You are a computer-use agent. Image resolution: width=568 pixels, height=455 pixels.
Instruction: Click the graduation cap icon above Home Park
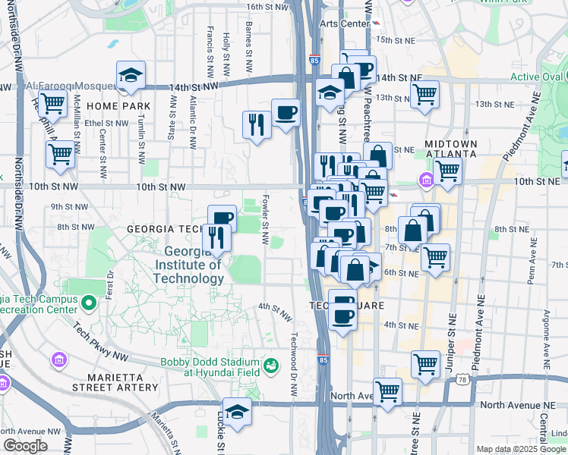click(x=131, y=75)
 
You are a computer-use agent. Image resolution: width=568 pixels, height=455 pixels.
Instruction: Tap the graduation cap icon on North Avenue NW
click(x=237, y=412)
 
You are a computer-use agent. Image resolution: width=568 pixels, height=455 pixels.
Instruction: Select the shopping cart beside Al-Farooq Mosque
click(x=52, y=102)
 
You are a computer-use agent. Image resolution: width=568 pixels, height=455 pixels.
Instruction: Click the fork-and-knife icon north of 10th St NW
click(x=257, y=124)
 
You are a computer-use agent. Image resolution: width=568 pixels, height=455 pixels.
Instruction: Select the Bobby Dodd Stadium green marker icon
click(x=270, y=368)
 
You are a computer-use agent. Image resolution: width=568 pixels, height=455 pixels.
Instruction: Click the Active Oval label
click(x=536, y=77)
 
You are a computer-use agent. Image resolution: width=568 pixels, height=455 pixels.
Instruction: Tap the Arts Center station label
click(x=344, y=24)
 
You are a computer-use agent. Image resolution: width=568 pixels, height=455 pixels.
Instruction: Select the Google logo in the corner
click(x=25, y=446)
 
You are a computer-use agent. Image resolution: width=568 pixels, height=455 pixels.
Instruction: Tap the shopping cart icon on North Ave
click(x=387, y=391)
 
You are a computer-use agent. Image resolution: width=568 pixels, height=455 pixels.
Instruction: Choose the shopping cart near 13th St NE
click(x=424, y=95)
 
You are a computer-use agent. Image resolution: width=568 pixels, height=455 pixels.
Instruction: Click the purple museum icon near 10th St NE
click(x=425, y=180)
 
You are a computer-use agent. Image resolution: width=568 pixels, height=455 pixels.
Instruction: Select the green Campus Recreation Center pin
click(x=88, y=304)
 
